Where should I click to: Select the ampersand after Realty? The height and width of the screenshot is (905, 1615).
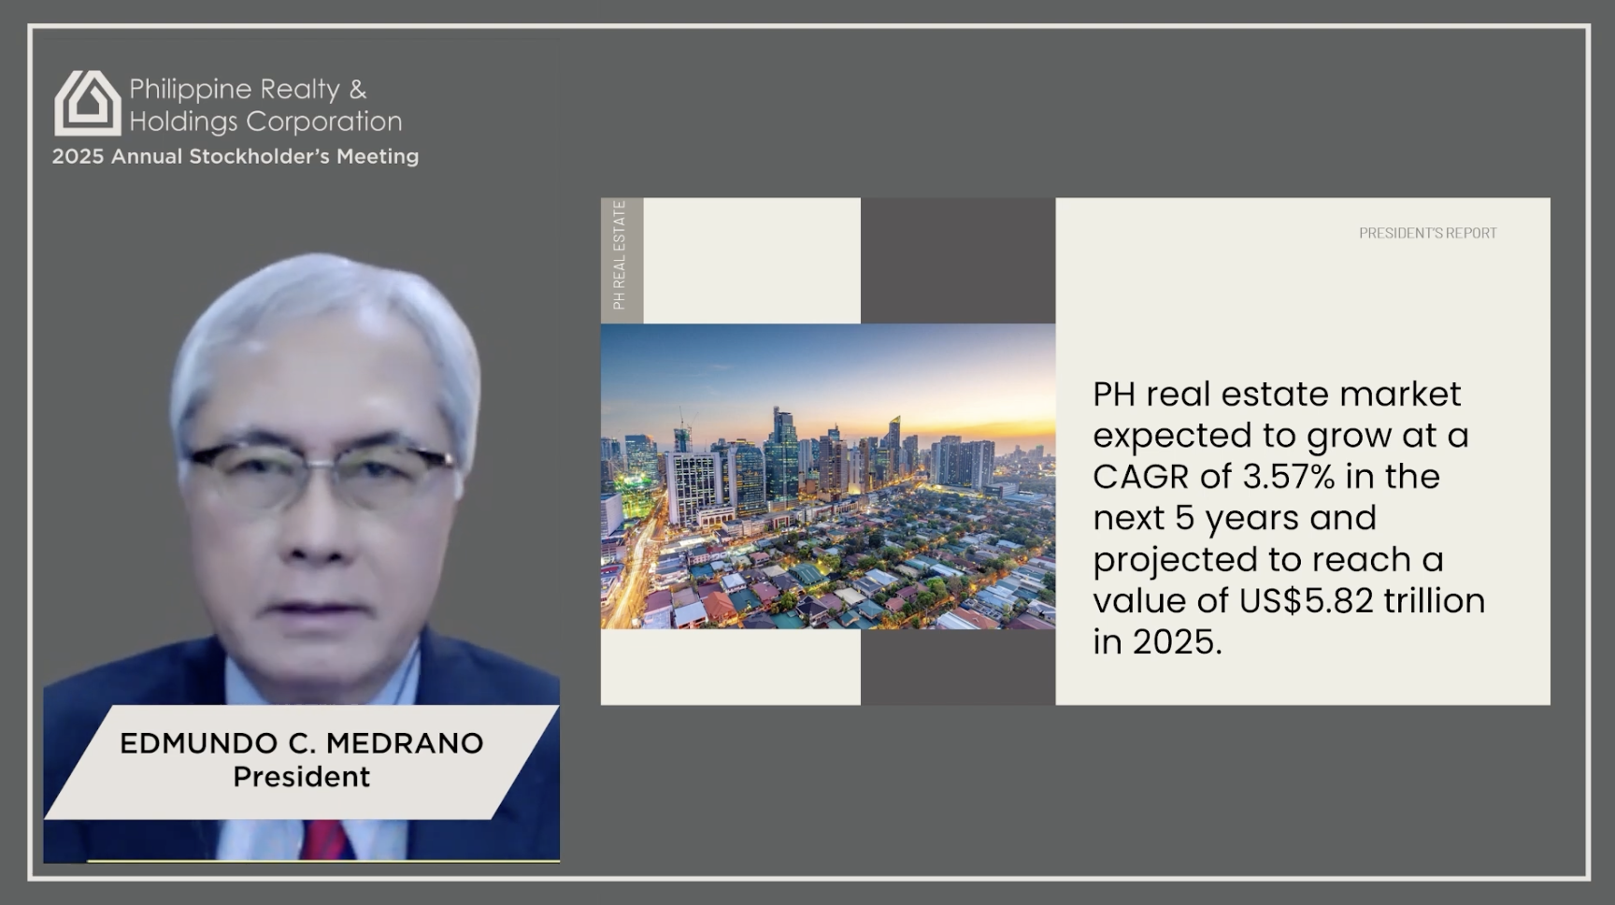358,90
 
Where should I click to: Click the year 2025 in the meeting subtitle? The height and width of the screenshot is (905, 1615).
78,157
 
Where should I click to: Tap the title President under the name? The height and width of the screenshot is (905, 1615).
301,777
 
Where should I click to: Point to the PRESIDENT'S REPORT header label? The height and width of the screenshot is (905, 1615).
1427,233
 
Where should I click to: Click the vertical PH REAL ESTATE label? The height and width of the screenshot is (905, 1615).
619,255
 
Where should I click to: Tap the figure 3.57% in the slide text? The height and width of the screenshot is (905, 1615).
1288,477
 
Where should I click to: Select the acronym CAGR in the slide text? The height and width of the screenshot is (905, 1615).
1140,477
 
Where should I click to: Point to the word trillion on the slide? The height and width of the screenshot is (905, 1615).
1435,601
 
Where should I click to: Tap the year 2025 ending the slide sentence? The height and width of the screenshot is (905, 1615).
1174,642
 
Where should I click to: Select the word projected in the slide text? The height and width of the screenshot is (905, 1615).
1173,560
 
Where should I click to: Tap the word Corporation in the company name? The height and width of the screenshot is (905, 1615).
324,122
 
